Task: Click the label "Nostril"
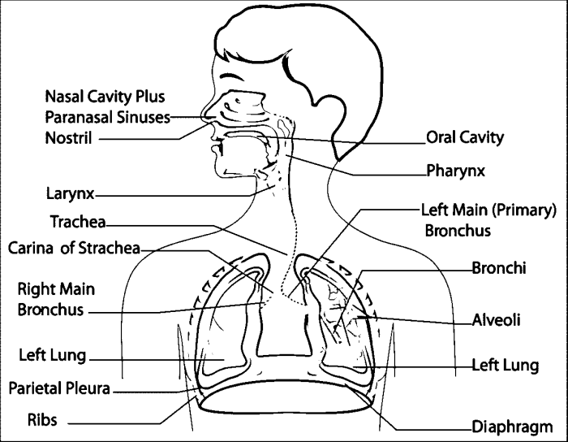[69, 137]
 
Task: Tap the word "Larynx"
[71, 195]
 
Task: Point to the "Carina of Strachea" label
[75, 248]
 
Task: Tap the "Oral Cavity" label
[465, 137]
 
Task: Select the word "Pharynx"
[455, 171]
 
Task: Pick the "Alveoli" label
[496, 319]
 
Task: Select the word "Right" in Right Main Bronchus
[36, 288]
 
